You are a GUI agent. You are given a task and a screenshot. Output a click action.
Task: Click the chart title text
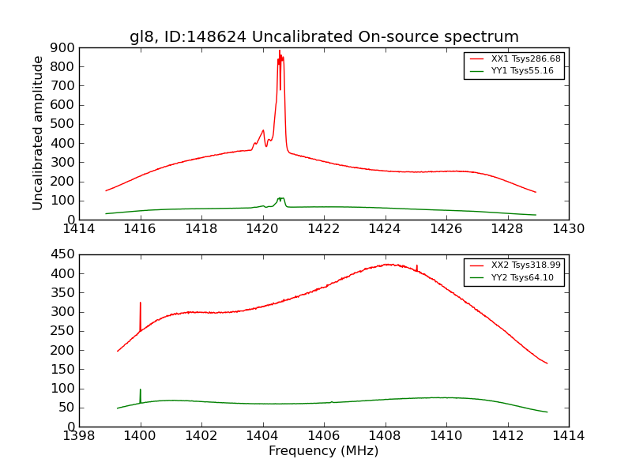click(324, 37)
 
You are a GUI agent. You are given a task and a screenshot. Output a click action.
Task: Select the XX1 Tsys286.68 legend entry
click(525, 58)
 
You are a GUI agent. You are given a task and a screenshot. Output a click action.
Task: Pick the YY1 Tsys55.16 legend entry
click(522, 71)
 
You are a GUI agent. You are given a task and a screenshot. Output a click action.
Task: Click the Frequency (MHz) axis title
click(323, 451)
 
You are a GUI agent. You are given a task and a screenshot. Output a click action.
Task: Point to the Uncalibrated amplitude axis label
click(38, 133)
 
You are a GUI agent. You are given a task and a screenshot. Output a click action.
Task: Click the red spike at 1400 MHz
click(141, 304)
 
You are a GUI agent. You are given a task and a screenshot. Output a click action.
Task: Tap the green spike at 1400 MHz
click(141, 391)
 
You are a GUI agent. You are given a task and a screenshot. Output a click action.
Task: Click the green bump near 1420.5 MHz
click(280, 198)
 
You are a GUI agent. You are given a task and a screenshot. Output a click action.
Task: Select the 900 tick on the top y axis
click(64, 47)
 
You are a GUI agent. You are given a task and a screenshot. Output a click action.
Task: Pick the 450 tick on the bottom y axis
click(64, 254)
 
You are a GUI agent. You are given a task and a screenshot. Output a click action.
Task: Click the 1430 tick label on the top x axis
click(568, 229)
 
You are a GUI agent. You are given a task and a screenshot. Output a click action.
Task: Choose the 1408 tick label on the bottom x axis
click(385, 436)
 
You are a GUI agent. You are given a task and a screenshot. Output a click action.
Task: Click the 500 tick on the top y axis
click(64, 124)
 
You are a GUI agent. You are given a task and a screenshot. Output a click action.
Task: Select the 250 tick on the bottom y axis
click(64, 331)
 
